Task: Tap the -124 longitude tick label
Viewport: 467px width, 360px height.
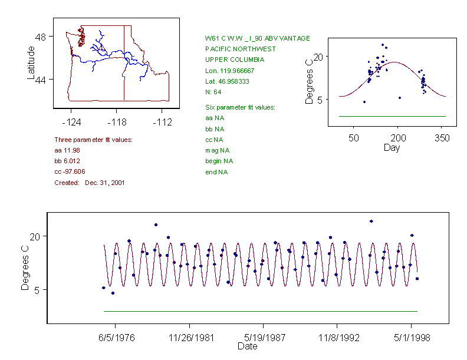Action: click(71, 122)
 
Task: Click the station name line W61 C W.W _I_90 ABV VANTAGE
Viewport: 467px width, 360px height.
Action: click(257, 38)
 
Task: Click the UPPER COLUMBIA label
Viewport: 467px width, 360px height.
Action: click(235, 60)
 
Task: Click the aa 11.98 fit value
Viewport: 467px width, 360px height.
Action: click(67, 150)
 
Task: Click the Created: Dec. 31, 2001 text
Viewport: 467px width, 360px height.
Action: click(89, 183)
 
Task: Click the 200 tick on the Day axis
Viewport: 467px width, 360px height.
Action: click(398, 138)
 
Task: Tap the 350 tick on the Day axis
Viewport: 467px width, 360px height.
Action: click(442, 138)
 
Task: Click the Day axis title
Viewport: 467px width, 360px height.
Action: click(392, 147)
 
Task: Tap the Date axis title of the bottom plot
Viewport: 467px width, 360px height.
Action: click(247, 346)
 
